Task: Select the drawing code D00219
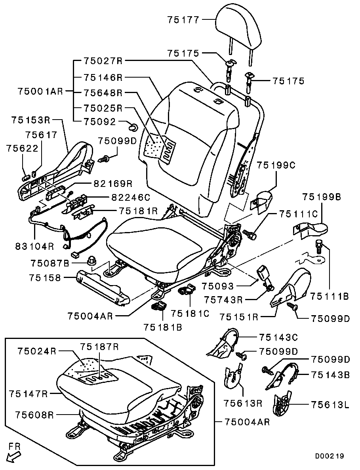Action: tap(330, 456)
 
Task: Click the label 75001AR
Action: tap(40, 91)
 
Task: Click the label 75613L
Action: tap(330, 404)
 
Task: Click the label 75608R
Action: tap(34, 415)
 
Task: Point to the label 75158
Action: tap(44, 278)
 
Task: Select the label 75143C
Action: tap(278, 337)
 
